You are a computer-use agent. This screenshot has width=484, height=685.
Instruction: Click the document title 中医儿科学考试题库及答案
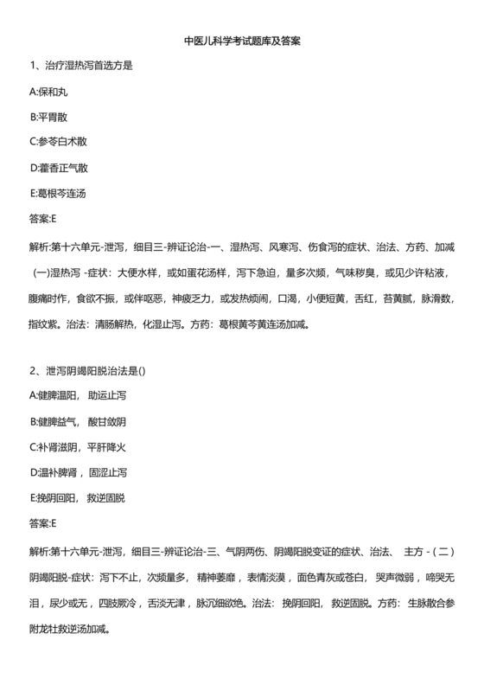point(242,41)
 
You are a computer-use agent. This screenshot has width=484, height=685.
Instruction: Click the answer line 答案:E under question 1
point(42,217)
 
